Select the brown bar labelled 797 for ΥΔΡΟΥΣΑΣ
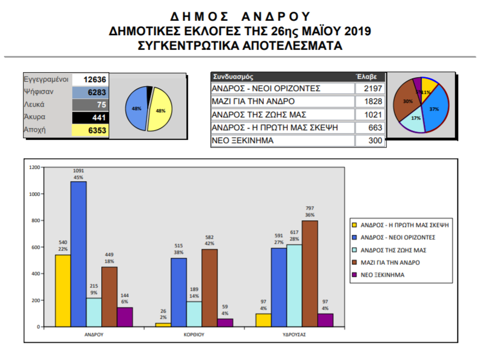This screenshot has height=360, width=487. (310, 273)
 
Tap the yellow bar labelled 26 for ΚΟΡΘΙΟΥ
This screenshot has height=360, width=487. (163, 324)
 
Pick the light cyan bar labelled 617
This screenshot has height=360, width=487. (294, 285)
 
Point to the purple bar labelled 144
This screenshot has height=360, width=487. (125, 316)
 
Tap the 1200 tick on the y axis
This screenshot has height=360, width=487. (35, 168)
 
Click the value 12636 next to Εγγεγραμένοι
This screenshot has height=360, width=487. (94, 80)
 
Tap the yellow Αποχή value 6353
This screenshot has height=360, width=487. (94, 130)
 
